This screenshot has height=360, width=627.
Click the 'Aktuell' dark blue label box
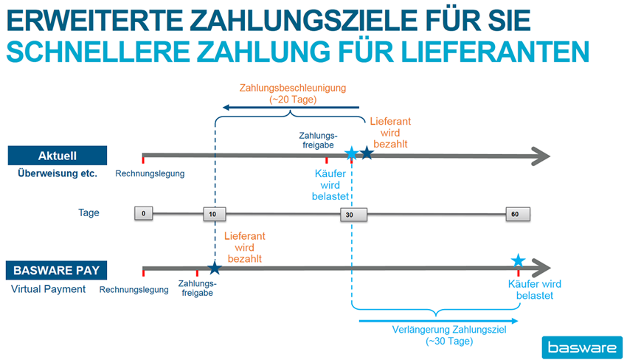pyautogui.click(x=58, y=156)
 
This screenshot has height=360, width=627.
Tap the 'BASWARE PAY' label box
pyautogui.click(x=58, y=270)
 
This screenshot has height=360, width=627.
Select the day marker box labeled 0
pyautogui.click(x=144, y=214)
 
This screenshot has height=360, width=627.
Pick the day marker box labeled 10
pyautogui.click(x=213, y=214)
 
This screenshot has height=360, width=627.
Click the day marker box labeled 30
pyautogui.click(x=350, y=215)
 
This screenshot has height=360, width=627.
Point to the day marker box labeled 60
pyautogui.click(x=517, y=214)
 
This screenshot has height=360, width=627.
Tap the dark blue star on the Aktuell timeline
pyautogui.click(x=366, y=153)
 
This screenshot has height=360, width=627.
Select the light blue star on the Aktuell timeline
pyautogui.click(x=351, y=154)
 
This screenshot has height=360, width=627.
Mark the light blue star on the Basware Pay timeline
pyautogui.click(x=519, y=260)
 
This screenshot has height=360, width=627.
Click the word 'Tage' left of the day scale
pyautogui.click(x=89, y=213)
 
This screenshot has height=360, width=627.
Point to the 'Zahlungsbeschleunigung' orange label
pyautogui.click(x=293, y=88)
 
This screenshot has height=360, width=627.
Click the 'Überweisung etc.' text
pyautogui.click(x=58, y=174)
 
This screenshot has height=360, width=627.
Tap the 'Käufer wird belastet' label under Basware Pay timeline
pyautogui.click(x=530, y=290)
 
